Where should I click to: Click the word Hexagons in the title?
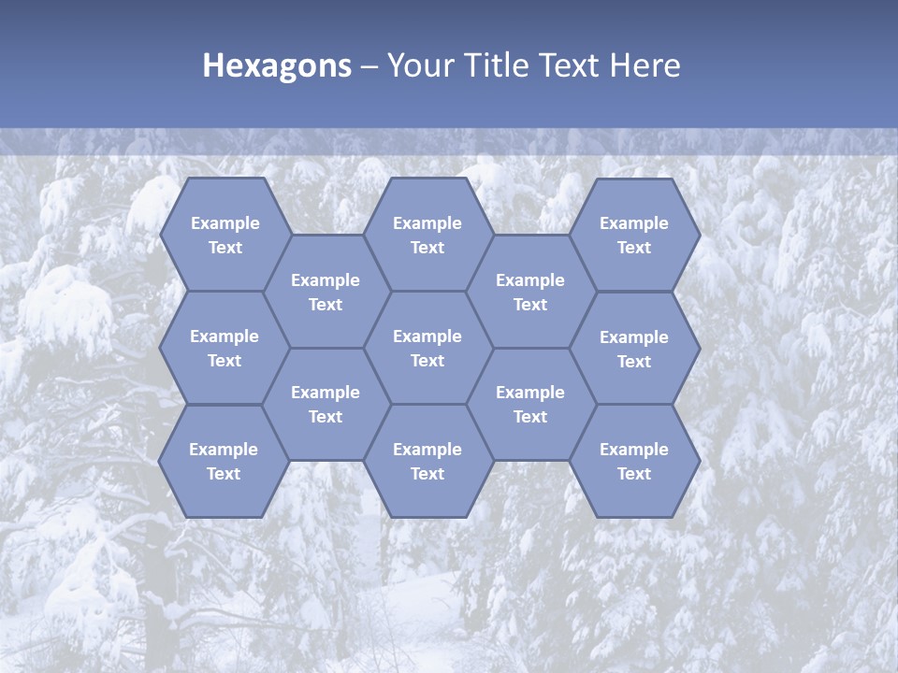tap(277, 65)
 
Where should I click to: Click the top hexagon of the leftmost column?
tap(224, 235)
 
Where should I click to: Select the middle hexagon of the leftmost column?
tap(224, 348)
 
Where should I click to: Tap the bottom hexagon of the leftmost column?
tap(224, 461)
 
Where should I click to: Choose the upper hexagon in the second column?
tap(326, 292)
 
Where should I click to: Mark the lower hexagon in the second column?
tap(326, 404)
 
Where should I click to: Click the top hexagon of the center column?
tap(427, 235)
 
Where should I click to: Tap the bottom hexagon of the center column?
tap(427, 461)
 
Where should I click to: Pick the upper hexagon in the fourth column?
tap(530, 292)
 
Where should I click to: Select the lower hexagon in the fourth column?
tap(530, 404)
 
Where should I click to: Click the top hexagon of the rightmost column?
tap(634, 235)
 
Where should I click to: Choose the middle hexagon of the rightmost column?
tap(634, 349)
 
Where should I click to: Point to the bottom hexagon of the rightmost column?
tap(634, 461)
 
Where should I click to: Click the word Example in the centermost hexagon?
tap(427, 336)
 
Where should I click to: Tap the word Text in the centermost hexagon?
tap(427, 361)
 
